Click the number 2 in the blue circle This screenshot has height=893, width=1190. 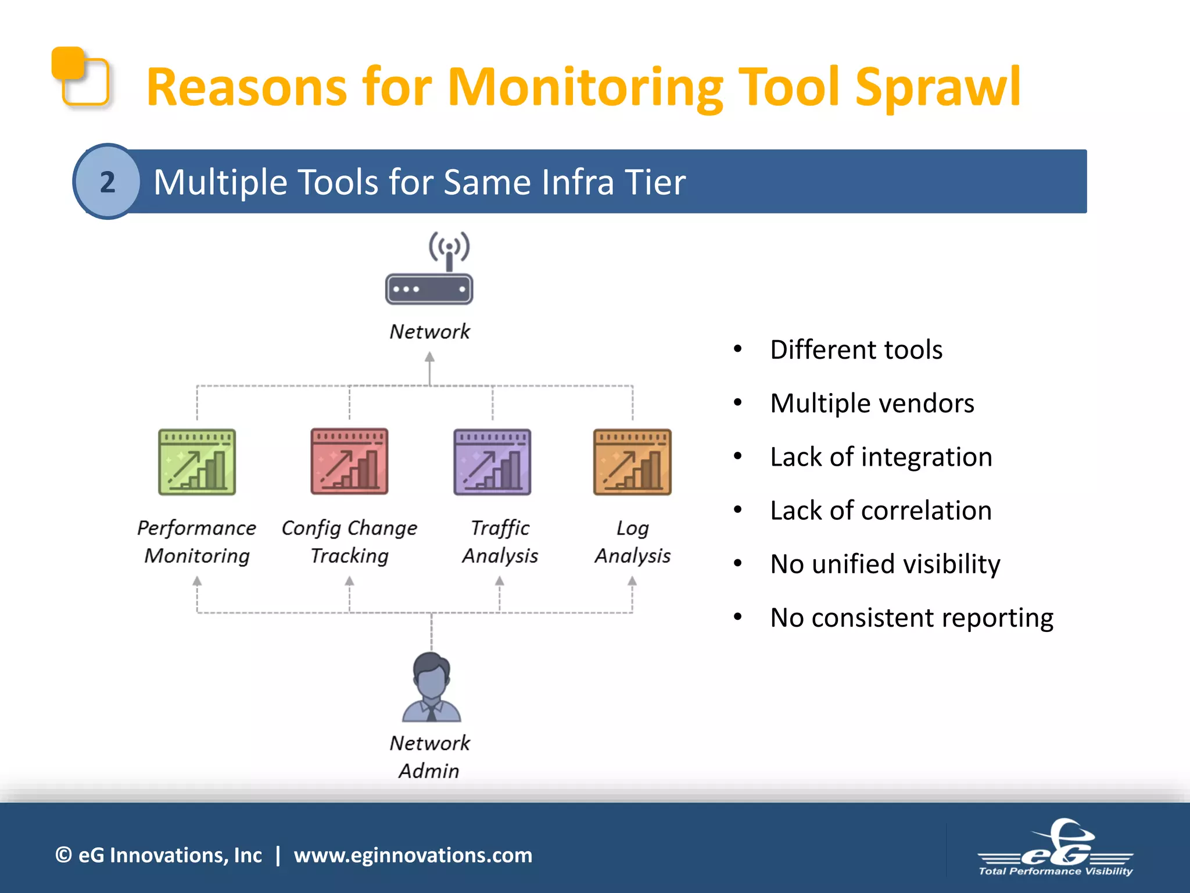pos(107,182)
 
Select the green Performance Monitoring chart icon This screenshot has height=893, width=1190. pos(197,462)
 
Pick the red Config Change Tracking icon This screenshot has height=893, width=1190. pos(349,462)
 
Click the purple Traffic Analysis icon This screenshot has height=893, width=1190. pos(492,462)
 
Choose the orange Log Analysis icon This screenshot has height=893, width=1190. pos(632,462)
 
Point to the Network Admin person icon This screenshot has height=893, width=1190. pos(431,687)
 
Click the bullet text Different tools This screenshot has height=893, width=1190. pos(856,350)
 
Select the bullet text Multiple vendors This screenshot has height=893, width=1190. pos(872,403)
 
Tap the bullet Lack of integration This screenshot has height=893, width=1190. pos(881,457)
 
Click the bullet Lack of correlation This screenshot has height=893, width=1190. pos(880,510)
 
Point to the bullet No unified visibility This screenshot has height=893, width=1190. pos(885,564)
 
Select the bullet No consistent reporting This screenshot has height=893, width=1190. pos(911,617)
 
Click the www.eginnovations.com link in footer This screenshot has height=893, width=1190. pos(413,855)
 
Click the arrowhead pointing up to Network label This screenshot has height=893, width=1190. pos(429,356)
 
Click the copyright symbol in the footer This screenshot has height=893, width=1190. pos(63,855)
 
